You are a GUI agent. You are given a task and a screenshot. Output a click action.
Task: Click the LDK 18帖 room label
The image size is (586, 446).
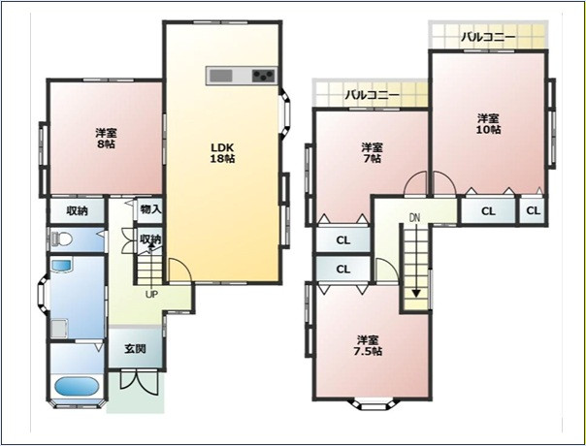click(222, 152)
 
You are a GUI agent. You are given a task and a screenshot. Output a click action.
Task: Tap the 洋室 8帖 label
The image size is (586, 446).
click(107, 139)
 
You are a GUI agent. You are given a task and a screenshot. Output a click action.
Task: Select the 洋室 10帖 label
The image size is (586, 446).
click(488, 124)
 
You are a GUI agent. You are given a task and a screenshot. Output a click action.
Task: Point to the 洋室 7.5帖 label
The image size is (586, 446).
click(368, 345)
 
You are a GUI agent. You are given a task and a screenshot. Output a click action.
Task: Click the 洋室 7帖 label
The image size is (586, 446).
click(372, 152)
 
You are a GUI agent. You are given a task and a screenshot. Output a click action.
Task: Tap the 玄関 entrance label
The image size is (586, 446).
click(135, 349)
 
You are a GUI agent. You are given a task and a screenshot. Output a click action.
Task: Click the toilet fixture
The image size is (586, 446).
click(62, 239)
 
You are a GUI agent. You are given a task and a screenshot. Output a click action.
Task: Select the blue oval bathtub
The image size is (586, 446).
click(77, 386)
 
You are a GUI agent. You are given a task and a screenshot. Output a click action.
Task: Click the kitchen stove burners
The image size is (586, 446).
click(264, 76)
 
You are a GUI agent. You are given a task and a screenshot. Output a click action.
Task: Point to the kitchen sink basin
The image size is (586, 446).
click(221, 76)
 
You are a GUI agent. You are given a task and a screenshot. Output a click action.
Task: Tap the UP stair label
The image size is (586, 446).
click(151, 295)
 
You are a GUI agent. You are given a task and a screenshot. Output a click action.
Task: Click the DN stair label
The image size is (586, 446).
click(414, 218)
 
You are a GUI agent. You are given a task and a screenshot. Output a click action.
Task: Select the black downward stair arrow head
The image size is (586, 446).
click(416, 294)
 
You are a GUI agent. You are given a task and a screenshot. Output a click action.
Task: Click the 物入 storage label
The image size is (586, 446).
click(150, 209)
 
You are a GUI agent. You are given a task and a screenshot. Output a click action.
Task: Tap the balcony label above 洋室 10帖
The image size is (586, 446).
click(488, 37)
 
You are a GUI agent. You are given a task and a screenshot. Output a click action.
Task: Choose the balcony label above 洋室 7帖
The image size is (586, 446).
click(372, 94)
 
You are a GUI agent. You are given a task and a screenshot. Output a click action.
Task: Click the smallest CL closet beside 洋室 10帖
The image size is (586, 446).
click(534, 211)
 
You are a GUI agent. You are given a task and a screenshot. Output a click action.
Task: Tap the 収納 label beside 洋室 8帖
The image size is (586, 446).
click(78, 211)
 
